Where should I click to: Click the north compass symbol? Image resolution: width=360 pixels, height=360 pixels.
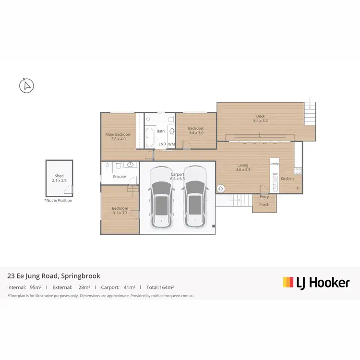27,86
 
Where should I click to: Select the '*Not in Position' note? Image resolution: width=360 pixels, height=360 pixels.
58,200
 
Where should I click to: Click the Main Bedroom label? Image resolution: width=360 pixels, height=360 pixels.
118,136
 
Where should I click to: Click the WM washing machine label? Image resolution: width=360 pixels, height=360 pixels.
171,144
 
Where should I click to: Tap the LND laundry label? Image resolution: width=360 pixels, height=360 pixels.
162,144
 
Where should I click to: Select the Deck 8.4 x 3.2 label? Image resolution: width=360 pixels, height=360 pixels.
260,119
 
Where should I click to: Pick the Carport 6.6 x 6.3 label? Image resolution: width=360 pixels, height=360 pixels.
178,176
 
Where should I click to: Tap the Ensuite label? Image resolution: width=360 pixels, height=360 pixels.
120,177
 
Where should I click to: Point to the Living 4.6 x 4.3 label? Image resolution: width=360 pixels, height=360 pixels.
243,168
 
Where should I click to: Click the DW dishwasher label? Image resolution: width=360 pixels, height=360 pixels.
276,174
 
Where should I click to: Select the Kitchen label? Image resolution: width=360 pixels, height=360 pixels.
287,179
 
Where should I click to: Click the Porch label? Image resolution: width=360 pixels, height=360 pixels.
264,204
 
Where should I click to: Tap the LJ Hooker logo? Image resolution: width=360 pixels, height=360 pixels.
316,283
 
